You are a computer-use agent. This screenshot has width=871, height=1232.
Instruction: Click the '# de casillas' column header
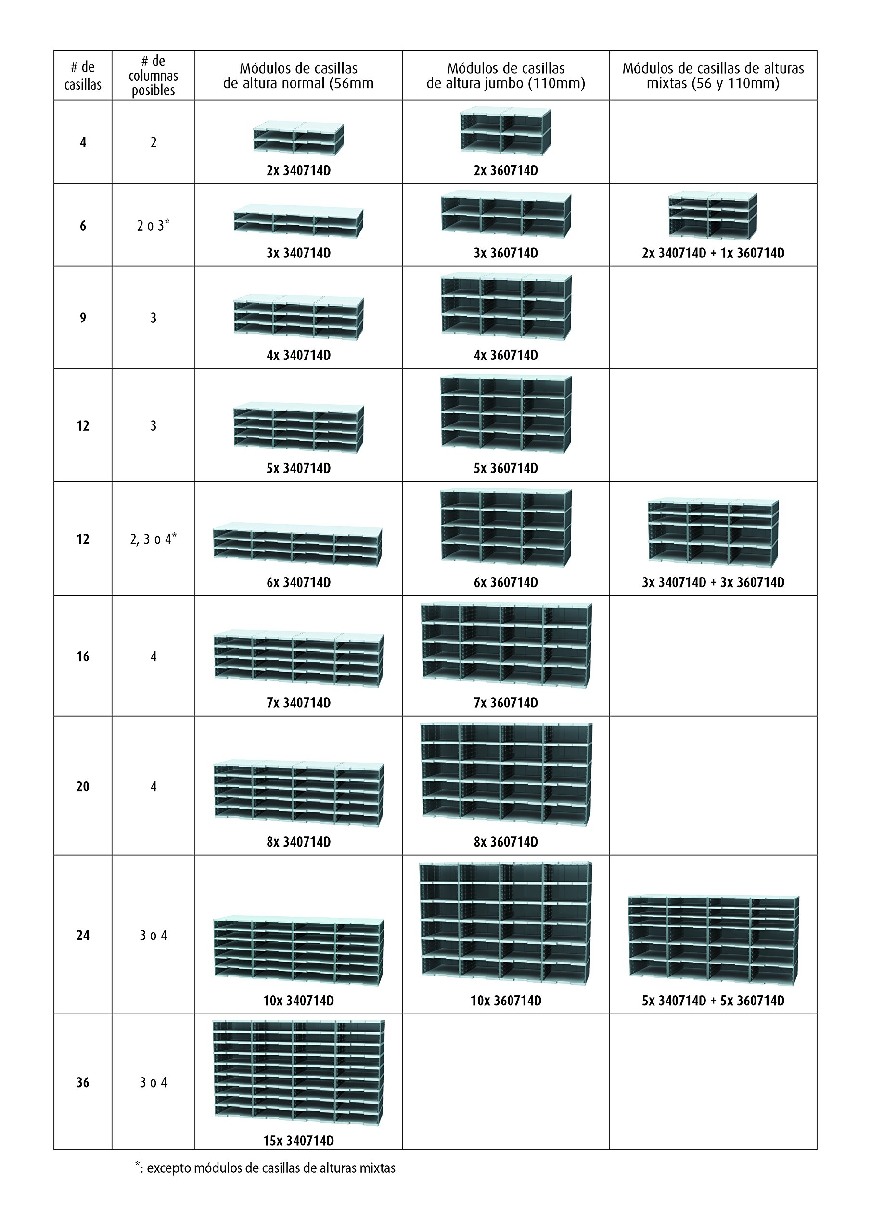click(x=83, y=76)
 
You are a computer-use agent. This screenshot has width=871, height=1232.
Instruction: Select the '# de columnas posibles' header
click(x=153, y=76)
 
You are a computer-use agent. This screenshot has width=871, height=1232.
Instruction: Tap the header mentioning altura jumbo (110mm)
click(x=506, y=76)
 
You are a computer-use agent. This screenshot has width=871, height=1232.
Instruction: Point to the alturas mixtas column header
click(x=713, y=76)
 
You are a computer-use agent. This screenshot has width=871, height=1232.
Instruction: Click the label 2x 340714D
click(x=298, y=171)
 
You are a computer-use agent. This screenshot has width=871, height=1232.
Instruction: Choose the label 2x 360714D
click(x=506, y=171)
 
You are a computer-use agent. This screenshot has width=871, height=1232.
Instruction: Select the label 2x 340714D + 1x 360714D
click(x=713, y=253)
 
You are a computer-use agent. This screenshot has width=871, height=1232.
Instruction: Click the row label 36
click(x=83, y=1082)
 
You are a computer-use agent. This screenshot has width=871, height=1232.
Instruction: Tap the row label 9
click(x=83, y=318)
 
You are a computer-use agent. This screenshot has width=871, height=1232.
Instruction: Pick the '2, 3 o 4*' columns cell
click(x=153, y=539)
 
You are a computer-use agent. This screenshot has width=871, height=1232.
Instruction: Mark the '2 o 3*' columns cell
click(x=153, y=225)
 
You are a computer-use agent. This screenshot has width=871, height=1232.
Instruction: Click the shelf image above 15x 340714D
click(x=298, y=1073)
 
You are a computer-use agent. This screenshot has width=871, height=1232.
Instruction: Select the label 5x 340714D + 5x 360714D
click(x=713, y=1001)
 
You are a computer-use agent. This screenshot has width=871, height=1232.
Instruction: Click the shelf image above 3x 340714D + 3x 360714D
click(x=713, y=532)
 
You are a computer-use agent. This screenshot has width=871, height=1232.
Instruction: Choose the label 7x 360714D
click(x=506, y=703)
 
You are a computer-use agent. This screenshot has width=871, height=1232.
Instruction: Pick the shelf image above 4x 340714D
click(x=298, y=317)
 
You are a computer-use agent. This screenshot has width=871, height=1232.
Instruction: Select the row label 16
click(x=83, y=656)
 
